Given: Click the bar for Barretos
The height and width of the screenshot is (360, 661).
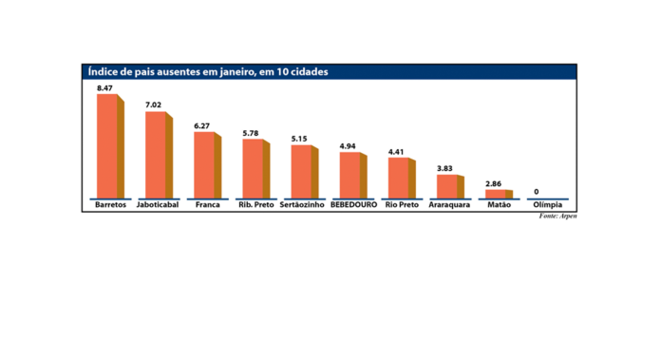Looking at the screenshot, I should pos(107,146).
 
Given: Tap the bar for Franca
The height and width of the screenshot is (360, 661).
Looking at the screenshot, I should pos(205,164).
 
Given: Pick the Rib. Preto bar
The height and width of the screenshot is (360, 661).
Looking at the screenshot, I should pos(254,168).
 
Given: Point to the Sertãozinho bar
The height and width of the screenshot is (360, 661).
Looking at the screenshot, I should pos(302,172).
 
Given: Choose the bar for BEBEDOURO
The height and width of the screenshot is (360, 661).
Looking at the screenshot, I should pos(350,175).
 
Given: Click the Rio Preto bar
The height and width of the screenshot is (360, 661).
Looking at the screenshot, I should pos(400,178).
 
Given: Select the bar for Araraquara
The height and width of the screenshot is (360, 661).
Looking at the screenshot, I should pos(447,186).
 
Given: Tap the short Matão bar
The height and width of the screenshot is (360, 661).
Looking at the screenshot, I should pos(497,194).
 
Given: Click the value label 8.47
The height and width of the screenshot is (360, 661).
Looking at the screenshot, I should pos(104,88).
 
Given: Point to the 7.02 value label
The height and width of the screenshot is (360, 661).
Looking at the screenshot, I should pos(154,105).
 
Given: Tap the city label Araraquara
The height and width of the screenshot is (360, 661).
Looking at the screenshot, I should pos(449,205).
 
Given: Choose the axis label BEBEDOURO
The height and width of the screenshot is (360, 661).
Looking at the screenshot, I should pos(353,205).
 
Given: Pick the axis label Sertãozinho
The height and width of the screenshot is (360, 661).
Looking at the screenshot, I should pos(303,205).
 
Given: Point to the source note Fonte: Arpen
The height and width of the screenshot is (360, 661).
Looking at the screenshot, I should pos(557,217).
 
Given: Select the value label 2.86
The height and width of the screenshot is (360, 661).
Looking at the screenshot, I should pos(495,182).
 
